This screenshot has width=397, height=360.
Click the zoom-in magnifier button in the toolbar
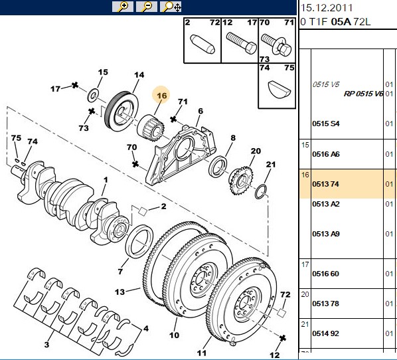point(123,7)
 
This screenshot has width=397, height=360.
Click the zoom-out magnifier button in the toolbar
point(146,7)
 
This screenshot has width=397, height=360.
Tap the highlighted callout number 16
point(161,95)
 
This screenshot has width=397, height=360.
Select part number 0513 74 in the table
point(325,184)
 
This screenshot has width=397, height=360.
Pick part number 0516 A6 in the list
point(326,154)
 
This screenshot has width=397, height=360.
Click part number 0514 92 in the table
point(325,333)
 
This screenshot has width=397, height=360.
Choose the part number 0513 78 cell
point(325,304)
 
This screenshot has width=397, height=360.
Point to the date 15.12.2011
point(327,8)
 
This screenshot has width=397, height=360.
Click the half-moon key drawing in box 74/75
point(279,90)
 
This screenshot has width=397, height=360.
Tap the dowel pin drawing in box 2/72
point(202,44)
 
